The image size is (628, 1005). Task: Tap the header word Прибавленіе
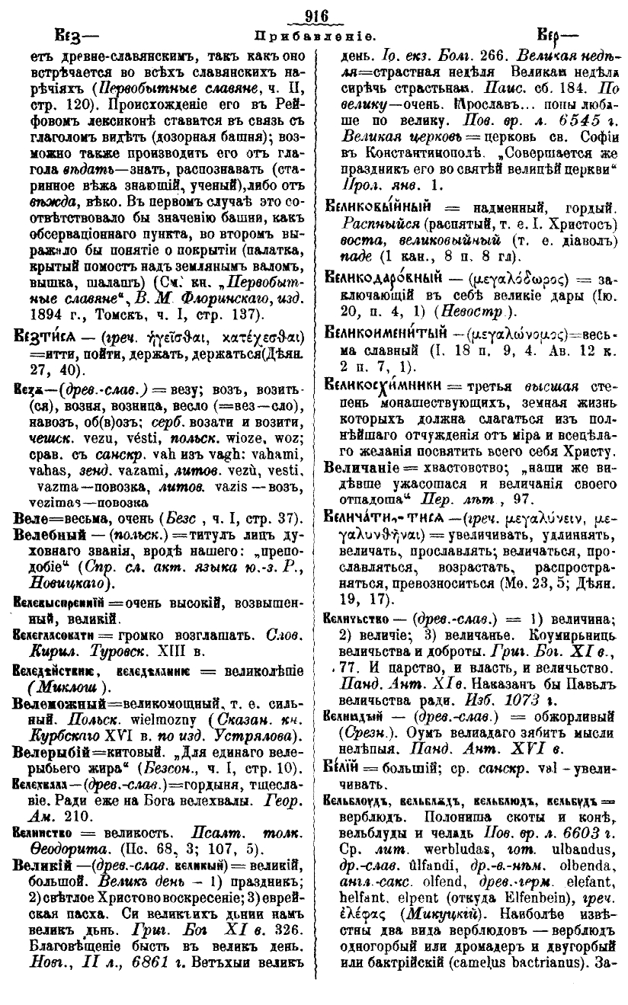pos(314,35)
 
